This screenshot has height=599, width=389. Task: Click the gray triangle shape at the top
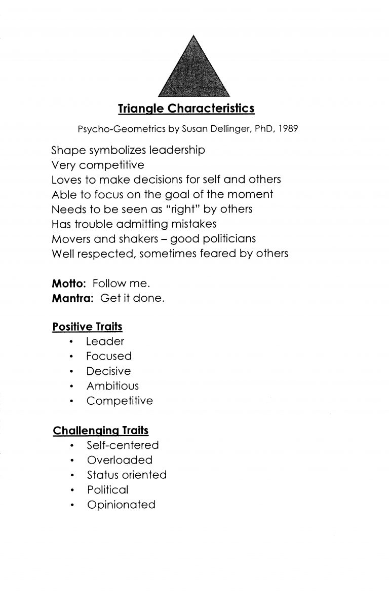pos(194,74)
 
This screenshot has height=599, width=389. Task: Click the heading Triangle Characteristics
pos(186,109)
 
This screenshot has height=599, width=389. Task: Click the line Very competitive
pos(98,165)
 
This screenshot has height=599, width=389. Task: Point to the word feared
pos(224,253)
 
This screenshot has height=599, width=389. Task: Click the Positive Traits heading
pos(87,327)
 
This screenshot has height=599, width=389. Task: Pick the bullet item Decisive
pos(108,371)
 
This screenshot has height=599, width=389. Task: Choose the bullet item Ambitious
pos(112,386)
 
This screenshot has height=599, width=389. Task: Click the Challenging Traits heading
pos(100,431)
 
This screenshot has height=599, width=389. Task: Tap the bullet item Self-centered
pos(123,445)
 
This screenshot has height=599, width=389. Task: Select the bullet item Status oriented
pos(127,475)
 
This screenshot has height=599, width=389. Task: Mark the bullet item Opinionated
pos(121,505)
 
